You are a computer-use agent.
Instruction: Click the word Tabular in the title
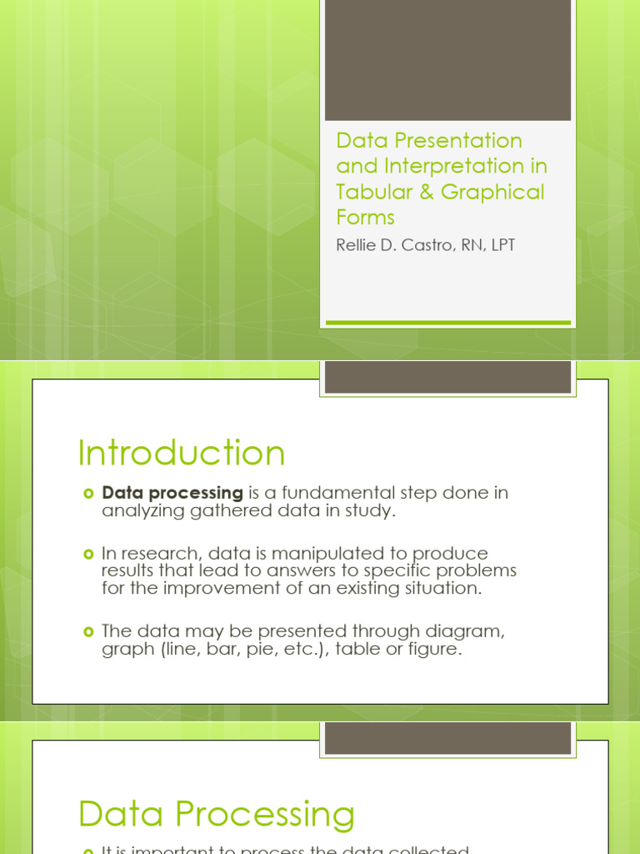pos(371,192)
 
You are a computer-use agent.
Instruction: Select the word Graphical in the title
pos(492,192)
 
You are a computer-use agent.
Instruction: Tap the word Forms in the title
pos(365,218)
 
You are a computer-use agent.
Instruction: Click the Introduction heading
pos(181,453)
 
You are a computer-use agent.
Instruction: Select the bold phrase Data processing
pos(172,493)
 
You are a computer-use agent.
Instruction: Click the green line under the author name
pos(447,322)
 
